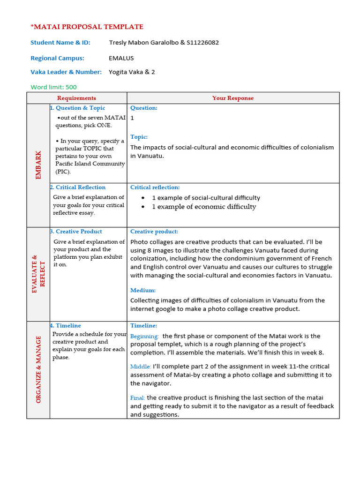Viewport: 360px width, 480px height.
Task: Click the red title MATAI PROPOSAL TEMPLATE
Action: pyautogui.click(x=87, y=27)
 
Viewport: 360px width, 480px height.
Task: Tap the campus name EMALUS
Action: pyautogui.click(x=121, y=58)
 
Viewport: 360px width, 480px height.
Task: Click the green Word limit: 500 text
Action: pyautogui.click(x=53, y=87)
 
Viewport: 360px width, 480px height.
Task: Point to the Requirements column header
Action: pyautogui.click(x=76, y=98)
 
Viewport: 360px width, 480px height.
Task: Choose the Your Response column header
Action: pyautogui.click(x=232, y=98)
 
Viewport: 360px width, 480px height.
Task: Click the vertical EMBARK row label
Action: pyautogui.click(x=38, y=165)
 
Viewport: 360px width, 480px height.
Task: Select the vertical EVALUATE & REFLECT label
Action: pyautogui.click(x=38, y=274)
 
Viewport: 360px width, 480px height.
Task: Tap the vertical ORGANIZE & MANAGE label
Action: pyautogui.click(x=38, y=369)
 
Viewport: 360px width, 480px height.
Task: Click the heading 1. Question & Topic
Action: pyautogui.click(x=78, y=108)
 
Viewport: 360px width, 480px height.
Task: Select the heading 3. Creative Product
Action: pyautogui.click(x=76, y=231)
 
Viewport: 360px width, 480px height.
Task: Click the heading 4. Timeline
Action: pyautogui.click(x=66, y=325)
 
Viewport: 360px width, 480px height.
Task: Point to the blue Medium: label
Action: pyautogui.click(x=143, y=290)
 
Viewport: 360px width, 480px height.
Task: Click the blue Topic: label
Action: pyautogui.click(x=139, y=137)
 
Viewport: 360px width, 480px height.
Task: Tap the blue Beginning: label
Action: pyautogui.click(x=144, y=336)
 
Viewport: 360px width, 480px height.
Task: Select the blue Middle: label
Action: pyautogui.click(x=141, y=367)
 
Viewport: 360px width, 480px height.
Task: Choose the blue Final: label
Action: pyautogui.click(x=138, y=398)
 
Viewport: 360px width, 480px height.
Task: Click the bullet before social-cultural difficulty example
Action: pyautogui.click(x=142, y=198)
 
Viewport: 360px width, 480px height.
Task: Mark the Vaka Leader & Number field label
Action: pyautogui.click(x=66, y=72)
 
